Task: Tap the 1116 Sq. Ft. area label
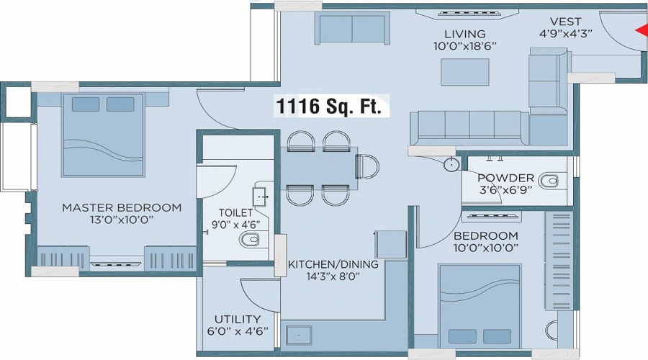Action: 328,107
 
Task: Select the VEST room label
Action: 565,22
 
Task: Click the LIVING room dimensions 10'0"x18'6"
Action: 465,46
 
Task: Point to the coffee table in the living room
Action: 465,72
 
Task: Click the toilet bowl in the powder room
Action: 549,181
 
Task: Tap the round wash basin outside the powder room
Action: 451,164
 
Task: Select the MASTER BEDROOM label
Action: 122,207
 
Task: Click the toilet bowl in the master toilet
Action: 249,240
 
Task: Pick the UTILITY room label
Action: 238,319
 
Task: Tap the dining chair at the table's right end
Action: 367,166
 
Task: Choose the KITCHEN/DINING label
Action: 333,264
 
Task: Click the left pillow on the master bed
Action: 86,104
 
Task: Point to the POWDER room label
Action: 506,178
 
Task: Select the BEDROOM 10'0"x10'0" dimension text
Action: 486,248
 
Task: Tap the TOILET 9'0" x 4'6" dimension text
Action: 235,225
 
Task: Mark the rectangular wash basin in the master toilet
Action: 261,197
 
